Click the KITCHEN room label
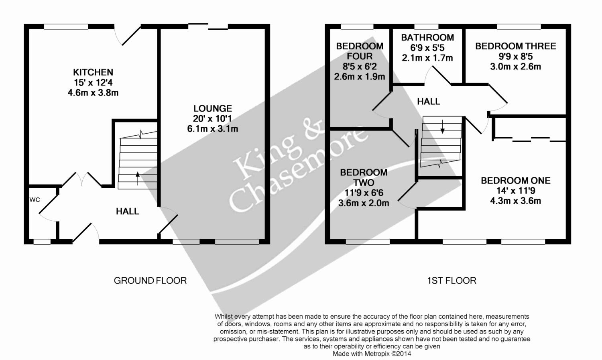coord(93,72)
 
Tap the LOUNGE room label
coord(213,108)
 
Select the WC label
coord(35,199)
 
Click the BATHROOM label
coord(427,37)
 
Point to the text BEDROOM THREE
coord(515,46)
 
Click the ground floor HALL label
coord(127,212)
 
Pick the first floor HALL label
coord(428,102)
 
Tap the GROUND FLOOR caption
coord(150,281)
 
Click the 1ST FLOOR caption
coord(451,281)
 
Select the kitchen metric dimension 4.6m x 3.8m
coord(93,93)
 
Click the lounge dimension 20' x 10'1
coord(213,118)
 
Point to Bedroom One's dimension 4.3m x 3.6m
coord(515,201)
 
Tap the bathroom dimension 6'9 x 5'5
coord(427,47)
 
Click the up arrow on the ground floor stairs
coord(138,178)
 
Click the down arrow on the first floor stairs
coord(442,127)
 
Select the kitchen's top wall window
coord(66,26)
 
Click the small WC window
coord(42,242)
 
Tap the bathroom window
coord(426,26)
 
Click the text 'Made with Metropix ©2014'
coord(372,354)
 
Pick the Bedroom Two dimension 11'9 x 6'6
coord(364,193)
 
